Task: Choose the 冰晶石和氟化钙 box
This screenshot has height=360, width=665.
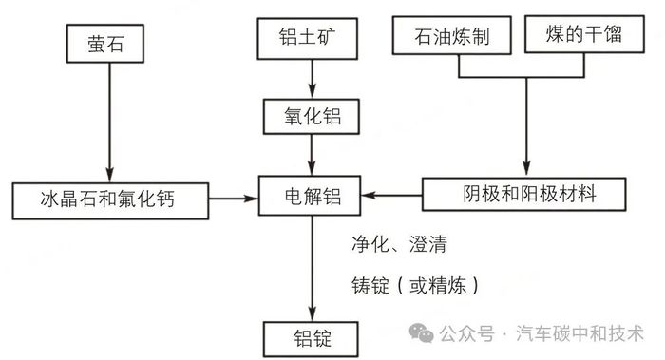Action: [109, 198]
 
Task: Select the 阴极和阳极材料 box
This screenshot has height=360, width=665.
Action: [523, 197]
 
